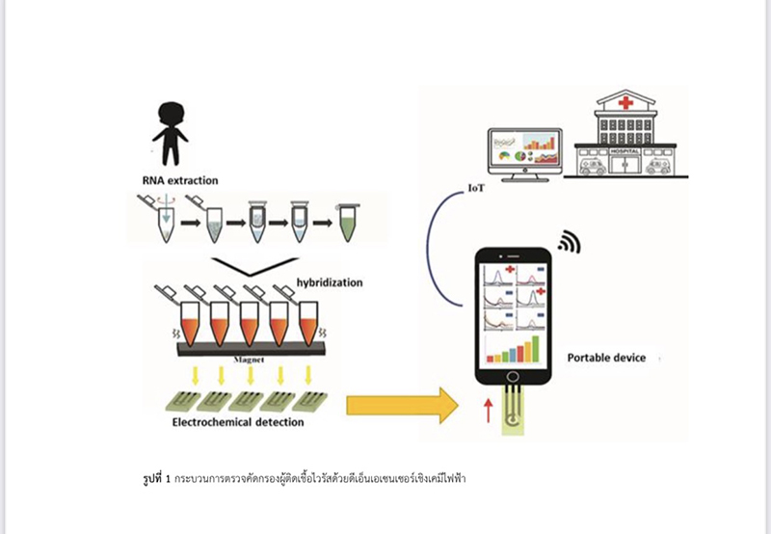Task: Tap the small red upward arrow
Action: [x=488, y=409]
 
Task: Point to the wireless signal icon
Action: [x=570, y=241]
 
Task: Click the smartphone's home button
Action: [x=516, y=377]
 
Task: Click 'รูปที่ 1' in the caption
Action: [x=154, y=478]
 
